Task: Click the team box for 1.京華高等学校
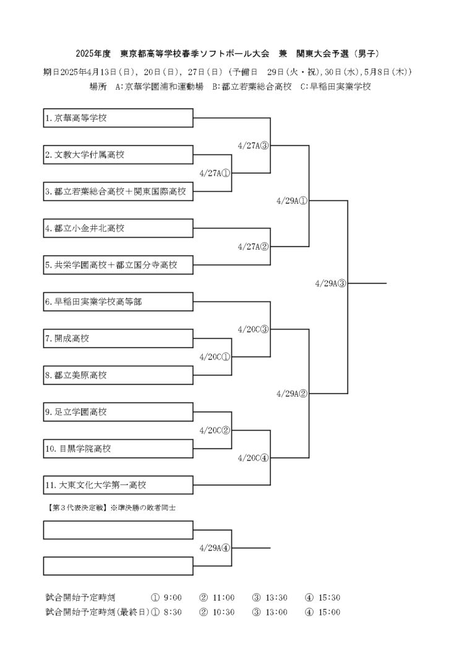point(118,118)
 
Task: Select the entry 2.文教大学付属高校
point(118,155)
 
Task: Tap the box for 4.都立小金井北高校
point(118,229)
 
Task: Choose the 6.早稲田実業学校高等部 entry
point(118,302)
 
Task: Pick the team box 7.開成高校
point(118,339)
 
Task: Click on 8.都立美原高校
point(118,375)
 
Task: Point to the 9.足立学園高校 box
point(118,411)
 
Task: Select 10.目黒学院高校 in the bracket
point(118,449)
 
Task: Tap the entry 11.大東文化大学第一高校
point(118,485)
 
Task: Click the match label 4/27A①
point(215,173)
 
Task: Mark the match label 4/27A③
point(253,146)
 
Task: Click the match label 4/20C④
point(253,458)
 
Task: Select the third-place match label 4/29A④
point(215,547)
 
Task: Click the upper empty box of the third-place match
point(118,530)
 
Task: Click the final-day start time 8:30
point(173,612)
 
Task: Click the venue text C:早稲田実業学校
point(335,87)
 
